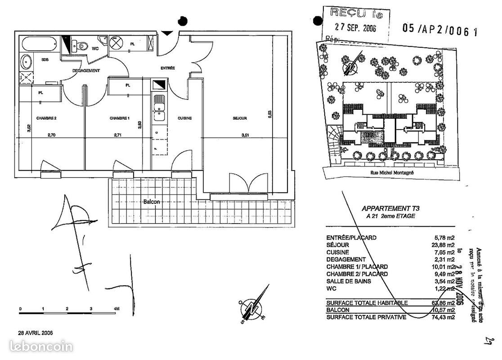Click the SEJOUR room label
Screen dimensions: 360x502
pyautogui.click(x=240, y=118)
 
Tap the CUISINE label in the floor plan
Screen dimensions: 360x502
pyautogui.click(x=184, y=118)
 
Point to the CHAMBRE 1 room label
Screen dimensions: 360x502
pyautogui.click(x=119, y=118)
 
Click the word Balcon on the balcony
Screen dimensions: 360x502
pyautogui.click(x=152, y=202)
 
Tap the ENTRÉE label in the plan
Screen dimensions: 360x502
pyautogui.click(x=167, y=68)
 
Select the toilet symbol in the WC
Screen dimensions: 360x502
pyautogui.click(x=82, y=45)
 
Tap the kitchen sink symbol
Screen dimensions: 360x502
pyautogui.click(x=159, y=108)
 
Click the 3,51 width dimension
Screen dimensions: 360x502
pyautogui.click(x=245, y=135)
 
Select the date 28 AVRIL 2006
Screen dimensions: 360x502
pyautogui.click(x=35, y=333)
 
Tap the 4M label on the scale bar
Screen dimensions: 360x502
pyautogui.click(x=117, y=309)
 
